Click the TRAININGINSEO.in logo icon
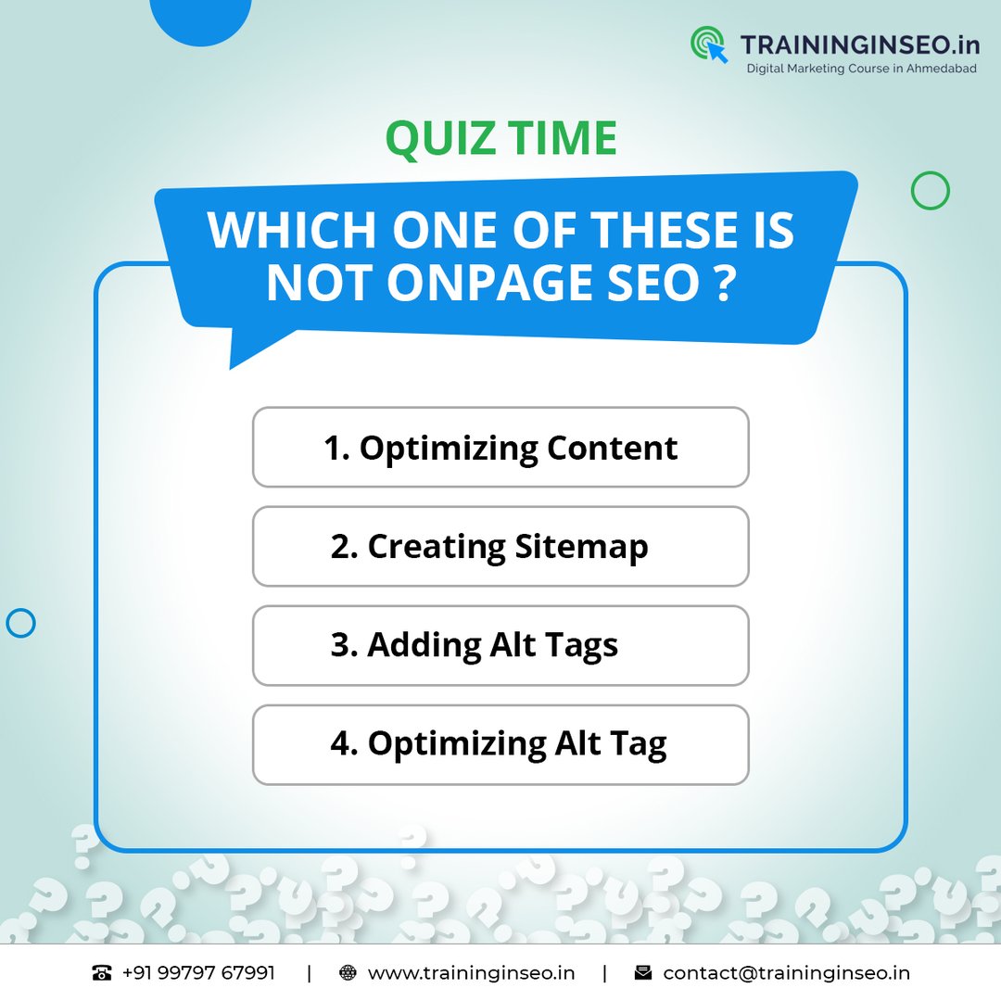click(709, 44)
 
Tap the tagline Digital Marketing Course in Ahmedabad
click(861, 69)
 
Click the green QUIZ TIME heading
click(501, 138)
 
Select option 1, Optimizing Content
click(500, 448)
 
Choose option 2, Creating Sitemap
click(500, 547)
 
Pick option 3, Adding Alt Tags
click(500, 645)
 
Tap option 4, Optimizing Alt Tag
click(500, 744)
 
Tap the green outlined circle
click(931, 171)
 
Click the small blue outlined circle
click(20, 609)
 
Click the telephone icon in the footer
click(102, 973)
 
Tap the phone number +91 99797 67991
click(198, 973)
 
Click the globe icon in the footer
click(348, 973)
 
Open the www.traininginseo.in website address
click(471, 973)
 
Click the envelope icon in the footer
click(643, 973)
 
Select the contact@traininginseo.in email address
click(787, 973)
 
